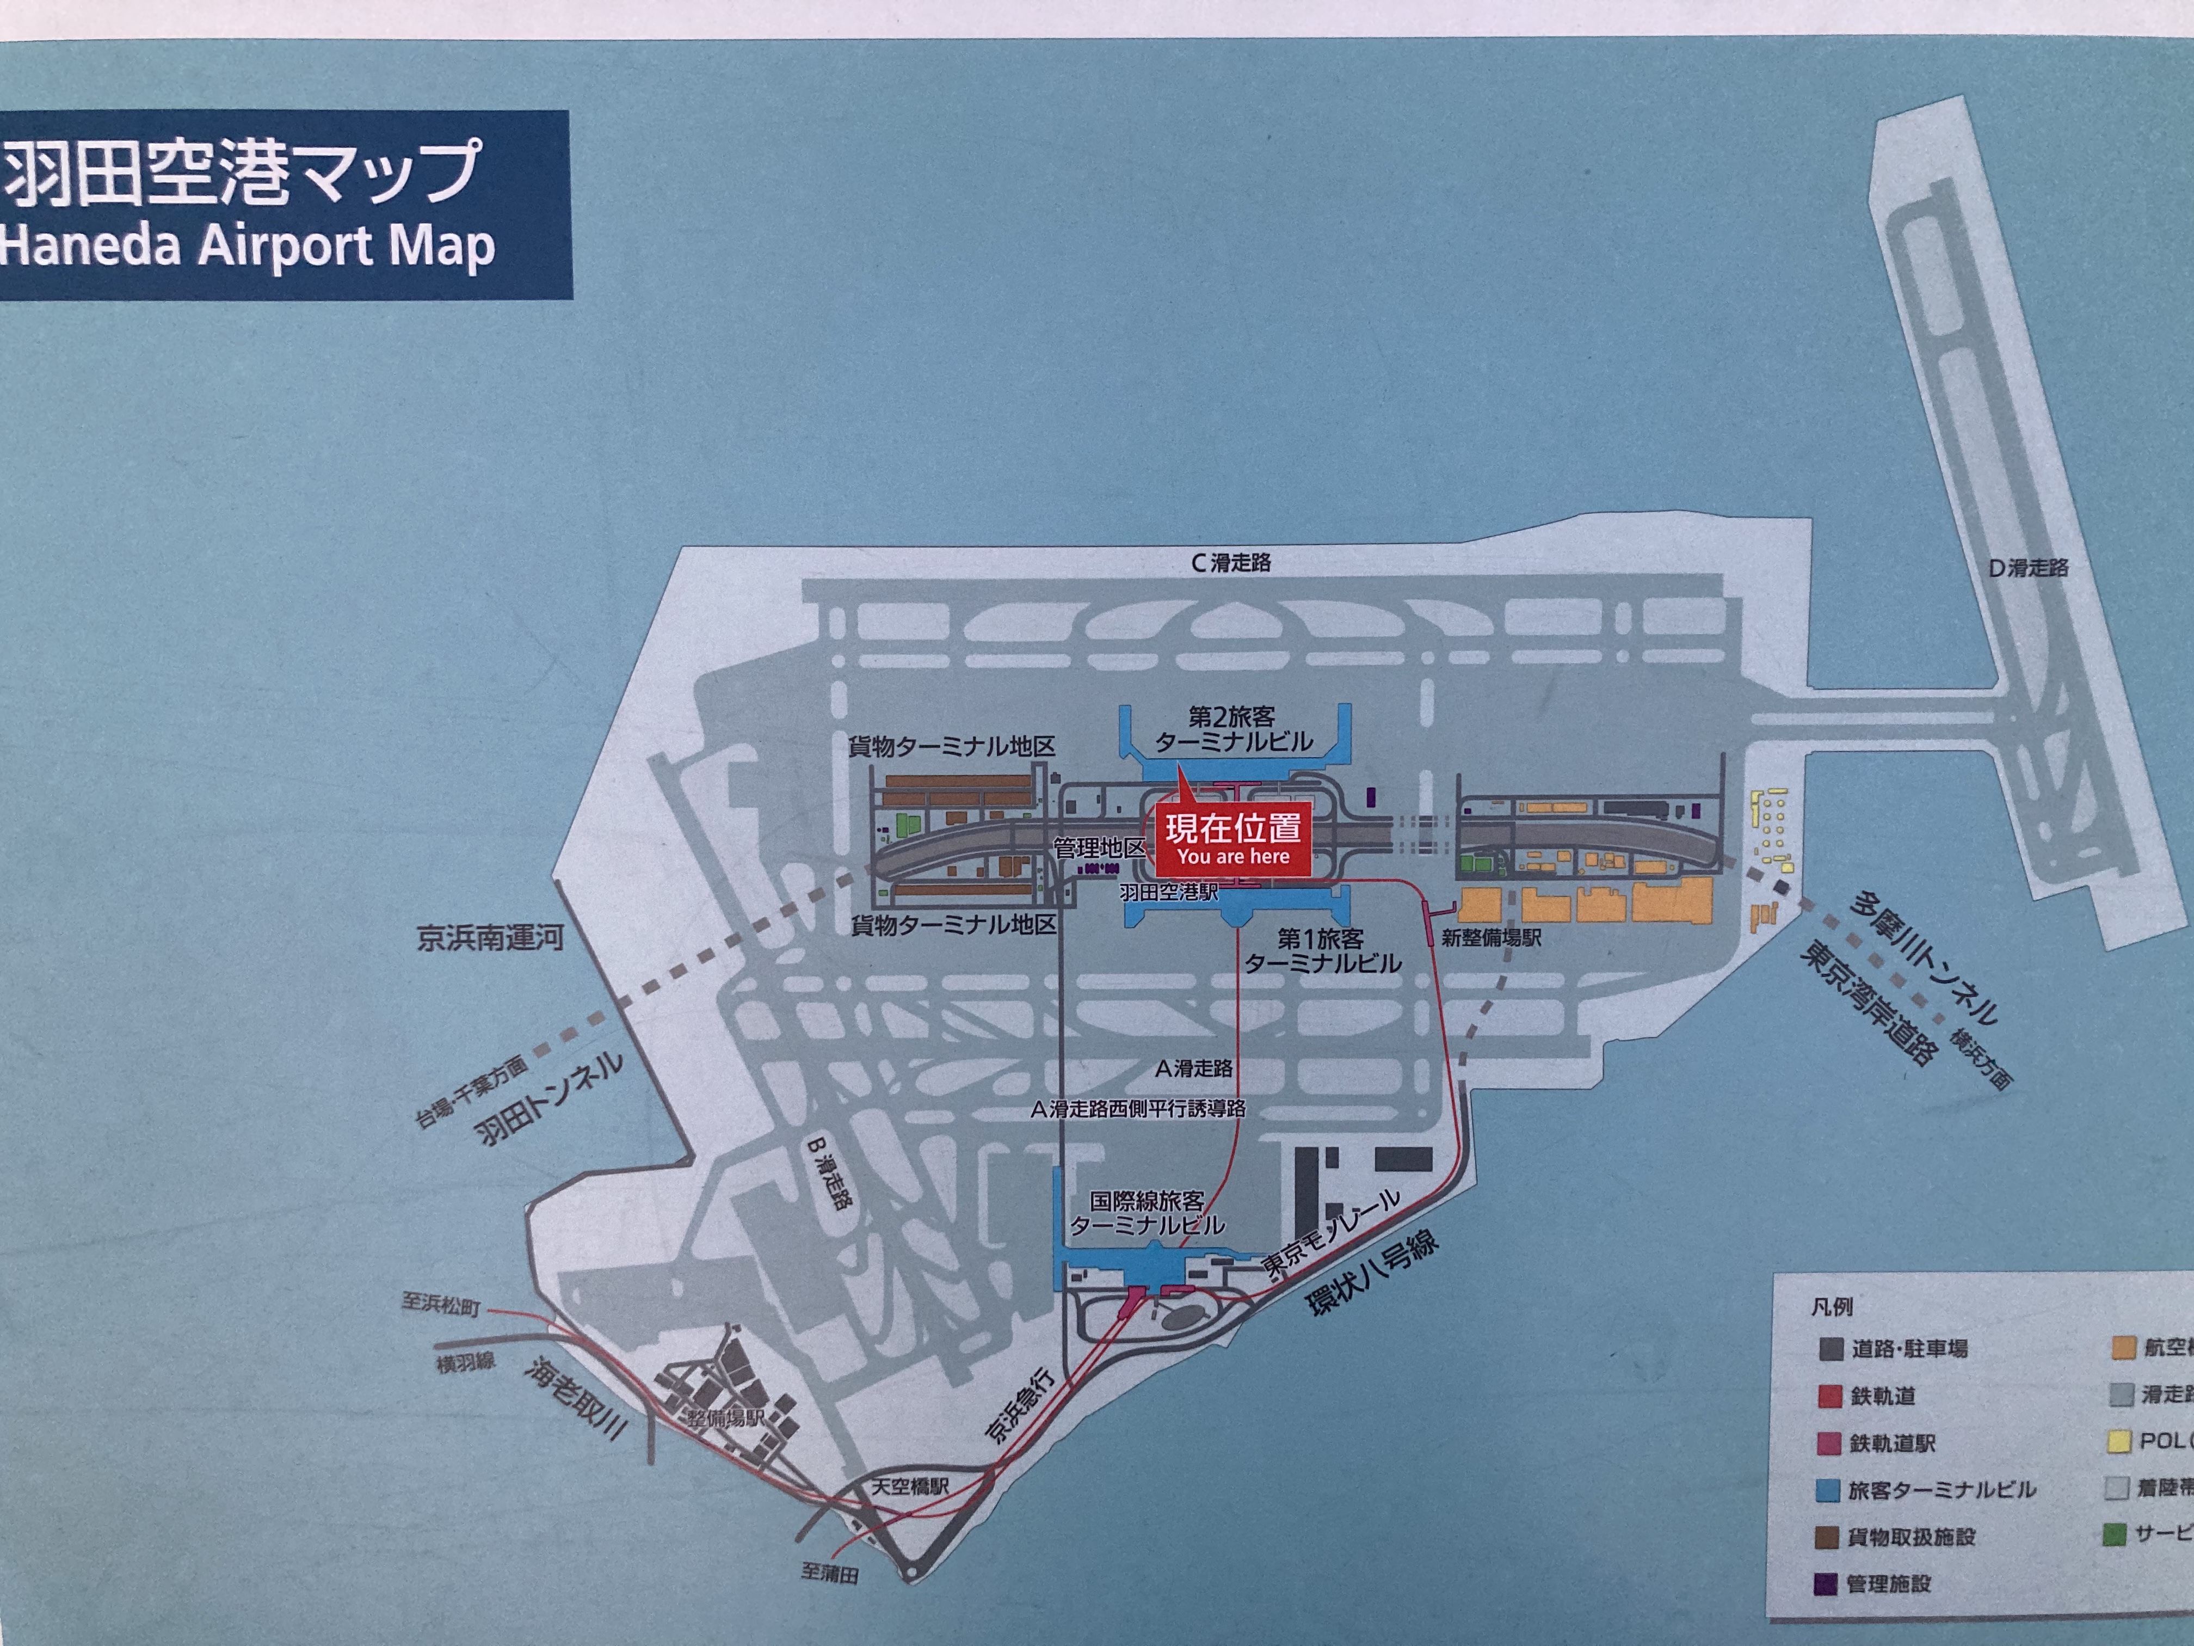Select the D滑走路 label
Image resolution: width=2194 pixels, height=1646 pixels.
point(2029,568)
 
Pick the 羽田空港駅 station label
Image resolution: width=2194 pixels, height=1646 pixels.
point(1168,892)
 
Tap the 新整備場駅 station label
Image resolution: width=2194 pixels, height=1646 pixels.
point(1491,938)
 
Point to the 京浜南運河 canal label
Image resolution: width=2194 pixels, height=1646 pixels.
point(490,938)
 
